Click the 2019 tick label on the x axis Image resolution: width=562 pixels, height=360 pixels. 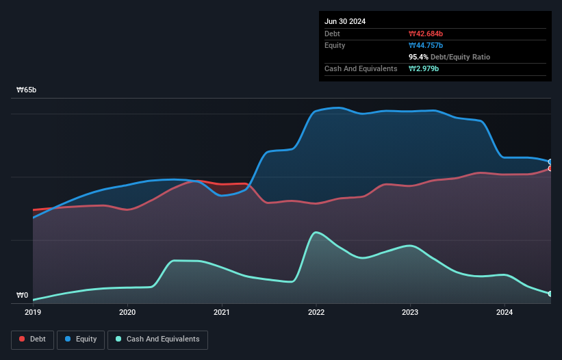(33, 312)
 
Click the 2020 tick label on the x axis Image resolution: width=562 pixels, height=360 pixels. (127, 312)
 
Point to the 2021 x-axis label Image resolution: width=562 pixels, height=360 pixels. (222, 312)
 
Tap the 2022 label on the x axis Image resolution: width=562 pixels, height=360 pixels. (316, 312)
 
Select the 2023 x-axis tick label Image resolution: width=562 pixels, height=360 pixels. (410, 312)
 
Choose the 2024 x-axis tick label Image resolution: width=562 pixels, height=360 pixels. (504, 312)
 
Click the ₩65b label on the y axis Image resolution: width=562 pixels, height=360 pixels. (27, 90)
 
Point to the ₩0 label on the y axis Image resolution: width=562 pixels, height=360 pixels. (23, 296)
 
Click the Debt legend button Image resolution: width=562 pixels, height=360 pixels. (32, 339)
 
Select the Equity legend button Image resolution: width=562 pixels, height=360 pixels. (81, 339)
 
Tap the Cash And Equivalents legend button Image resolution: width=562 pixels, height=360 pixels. (157, 339)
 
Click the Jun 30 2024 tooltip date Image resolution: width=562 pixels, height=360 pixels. (345, 21)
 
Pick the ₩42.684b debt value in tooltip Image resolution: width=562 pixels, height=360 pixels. (426, 34)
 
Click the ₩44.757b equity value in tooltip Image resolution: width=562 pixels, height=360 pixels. (426, 45)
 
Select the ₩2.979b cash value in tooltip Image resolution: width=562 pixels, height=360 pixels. (424, 68)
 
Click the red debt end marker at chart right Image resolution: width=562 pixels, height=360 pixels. (550, 168)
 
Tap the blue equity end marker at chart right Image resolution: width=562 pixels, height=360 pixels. (550, 162)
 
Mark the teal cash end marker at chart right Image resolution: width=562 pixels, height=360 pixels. (550, 294)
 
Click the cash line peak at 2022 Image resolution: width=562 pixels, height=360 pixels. (316, 233)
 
